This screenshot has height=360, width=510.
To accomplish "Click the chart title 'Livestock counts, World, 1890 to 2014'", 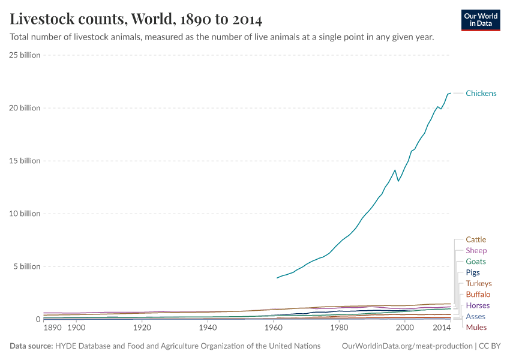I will (x=136, y=19).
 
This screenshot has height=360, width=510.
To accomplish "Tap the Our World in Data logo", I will (x=480, y=20).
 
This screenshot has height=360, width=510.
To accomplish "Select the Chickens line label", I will (x=481, y=94).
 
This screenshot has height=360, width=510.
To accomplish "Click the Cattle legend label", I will (x=476, y=240).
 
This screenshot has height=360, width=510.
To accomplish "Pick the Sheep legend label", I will (x=476, y=251).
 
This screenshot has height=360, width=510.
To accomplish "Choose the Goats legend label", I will (x=476, y=262).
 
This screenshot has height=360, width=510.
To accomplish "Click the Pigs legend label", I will (x=473, y=272).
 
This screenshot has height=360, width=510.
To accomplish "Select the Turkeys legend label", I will (x=478, y=283).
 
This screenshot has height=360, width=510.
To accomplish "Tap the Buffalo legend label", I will (x=478, y=295).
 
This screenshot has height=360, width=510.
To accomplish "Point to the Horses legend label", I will (x=478, y=305).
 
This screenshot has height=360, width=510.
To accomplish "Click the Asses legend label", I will (x=475, y=316).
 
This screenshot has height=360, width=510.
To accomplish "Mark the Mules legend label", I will (x=476, y=328).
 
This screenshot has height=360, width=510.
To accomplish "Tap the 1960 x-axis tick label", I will (x=274, y=328).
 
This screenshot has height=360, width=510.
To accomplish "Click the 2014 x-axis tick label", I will (x=442, y=328).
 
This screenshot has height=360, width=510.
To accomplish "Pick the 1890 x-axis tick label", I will (x=52, y=328).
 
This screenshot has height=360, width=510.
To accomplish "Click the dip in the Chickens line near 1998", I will (x=398, y=181).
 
